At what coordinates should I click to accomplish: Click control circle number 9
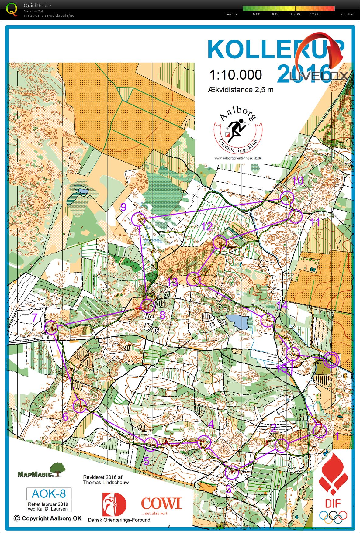coord(138,219)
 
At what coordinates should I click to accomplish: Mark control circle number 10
coord(287,198)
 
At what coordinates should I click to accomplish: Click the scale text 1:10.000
coord(236,75)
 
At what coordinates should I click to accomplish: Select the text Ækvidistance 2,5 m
coord(241,90)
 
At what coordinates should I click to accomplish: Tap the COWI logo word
coord(161,503)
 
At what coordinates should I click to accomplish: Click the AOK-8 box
coord(49,493)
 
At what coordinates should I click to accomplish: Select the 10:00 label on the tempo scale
coord(295,14)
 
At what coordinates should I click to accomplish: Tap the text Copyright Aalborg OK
coord(48,518)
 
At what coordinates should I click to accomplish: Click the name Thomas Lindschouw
coord(106,482)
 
